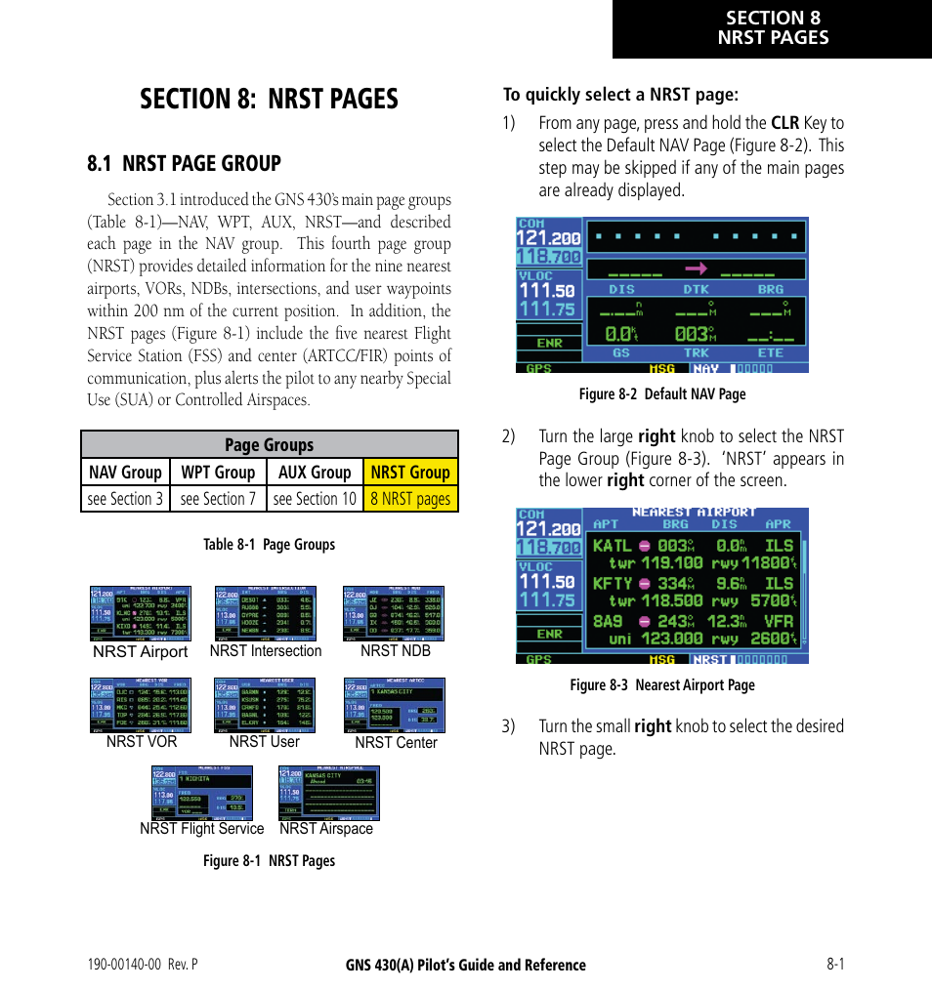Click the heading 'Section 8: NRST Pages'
(269, 99)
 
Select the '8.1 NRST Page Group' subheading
(184, 163)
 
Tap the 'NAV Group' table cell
(125, 473)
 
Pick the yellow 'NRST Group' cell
(410, 473)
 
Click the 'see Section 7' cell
(218, 499)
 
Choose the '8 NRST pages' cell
(410, 499)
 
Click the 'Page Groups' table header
(269, 445)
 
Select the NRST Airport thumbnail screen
(141, 613)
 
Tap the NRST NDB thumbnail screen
(394, 613)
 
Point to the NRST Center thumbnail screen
(394, 705)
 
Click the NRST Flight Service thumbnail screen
(202, 792)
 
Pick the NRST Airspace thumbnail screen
(328, 792)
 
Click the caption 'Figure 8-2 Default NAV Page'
(662, 394)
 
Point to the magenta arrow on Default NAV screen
(696, 268)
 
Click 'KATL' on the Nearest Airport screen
(613, 546)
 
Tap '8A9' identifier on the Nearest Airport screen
(608, 621)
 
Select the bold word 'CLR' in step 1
(784, 123)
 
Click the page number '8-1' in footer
(834, 965)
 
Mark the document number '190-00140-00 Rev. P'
(143, 965)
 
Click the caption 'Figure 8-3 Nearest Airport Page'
(662, 685)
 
